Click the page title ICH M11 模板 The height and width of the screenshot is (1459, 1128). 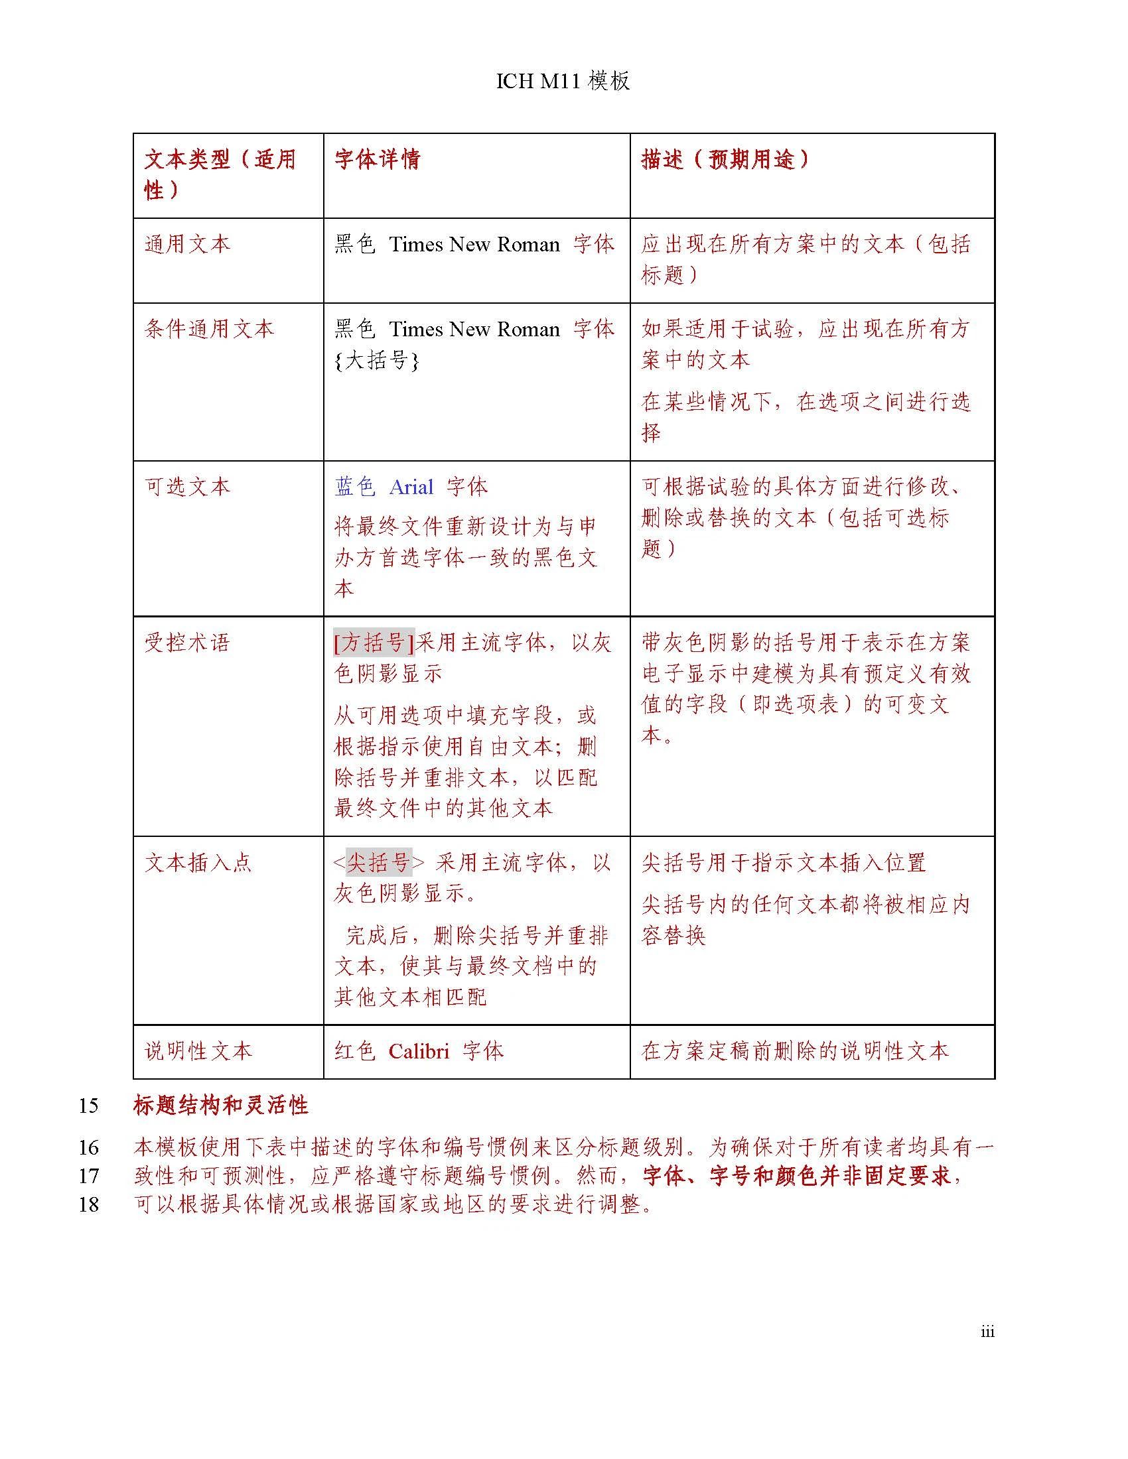(563, 81)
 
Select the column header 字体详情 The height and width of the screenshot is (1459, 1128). (378, 159)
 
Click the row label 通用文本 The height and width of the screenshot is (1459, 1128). (188, 244)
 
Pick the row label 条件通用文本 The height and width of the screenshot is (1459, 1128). (209, 329)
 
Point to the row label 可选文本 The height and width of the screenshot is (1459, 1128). (188, 486)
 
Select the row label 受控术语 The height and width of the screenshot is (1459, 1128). (188, 643)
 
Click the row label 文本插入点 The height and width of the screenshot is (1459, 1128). (198, 862)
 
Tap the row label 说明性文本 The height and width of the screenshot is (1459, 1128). (198, 1051)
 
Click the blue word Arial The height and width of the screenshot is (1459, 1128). (411, 487)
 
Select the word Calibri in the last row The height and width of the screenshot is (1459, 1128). (419, 1052)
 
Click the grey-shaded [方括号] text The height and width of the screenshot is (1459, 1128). (374, 643)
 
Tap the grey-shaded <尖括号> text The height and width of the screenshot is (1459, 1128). (378, 862)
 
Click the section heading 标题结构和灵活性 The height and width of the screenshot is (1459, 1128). (220, 1106)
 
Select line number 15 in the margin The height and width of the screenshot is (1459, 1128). (88, 1106)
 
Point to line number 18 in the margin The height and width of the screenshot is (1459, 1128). (88, 1204)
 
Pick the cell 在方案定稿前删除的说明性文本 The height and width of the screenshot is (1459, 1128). (794, 1051)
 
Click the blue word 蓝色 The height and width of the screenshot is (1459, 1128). (355, 487)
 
